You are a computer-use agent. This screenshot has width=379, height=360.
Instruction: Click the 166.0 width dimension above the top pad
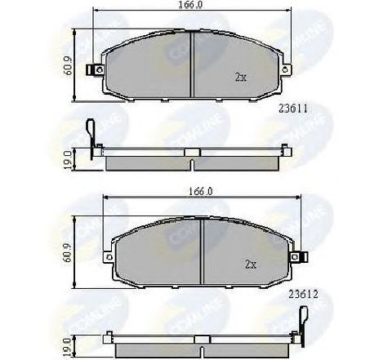tap(189, 7)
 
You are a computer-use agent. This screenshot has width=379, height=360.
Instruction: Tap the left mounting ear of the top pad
tap(100, 69)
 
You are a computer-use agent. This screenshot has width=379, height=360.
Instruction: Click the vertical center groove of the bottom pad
tap(201, 249)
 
